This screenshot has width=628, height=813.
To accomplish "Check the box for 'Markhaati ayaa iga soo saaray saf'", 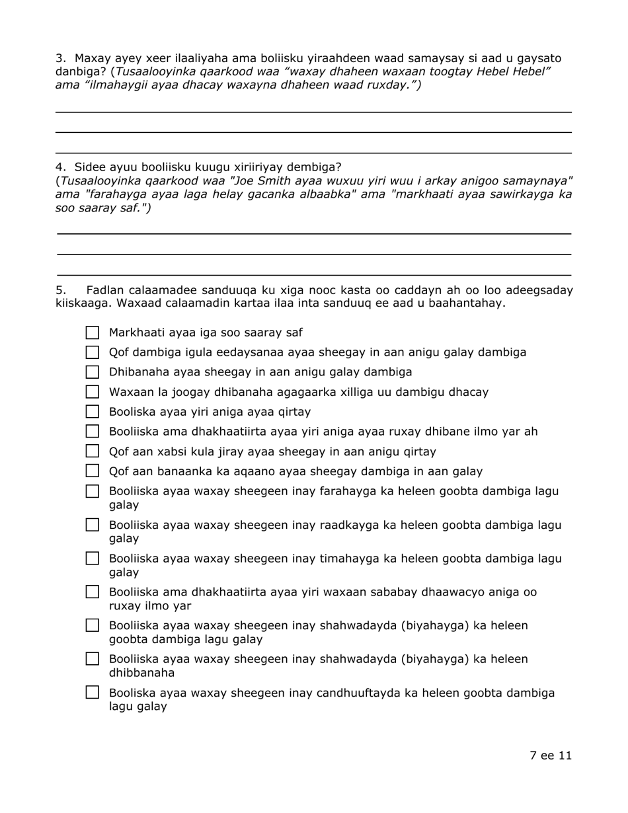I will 93,332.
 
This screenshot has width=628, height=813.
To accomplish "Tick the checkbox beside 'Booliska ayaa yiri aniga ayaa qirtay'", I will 93,412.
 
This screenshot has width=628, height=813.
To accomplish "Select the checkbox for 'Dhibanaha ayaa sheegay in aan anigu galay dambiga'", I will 93,372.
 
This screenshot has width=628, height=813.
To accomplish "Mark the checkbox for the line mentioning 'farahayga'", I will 93,492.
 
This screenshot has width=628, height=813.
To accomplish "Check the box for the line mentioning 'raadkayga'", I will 93,525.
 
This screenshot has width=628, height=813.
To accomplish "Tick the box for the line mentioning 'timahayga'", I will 93,559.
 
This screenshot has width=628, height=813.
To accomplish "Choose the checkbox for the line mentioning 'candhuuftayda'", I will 93,693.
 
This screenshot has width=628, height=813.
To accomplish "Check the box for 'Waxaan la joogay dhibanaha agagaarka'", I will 93,392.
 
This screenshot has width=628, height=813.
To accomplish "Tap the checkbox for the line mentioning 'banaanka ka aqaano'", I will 93,471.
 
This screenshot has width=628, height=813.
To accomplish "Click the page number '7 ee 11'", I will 550,755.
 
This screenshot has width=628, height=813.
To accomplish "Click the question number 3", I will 59,58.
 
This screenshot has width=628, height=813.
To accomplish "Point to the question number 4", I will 59,167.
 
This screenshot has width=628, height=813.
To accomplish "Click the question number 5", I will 59,290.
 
